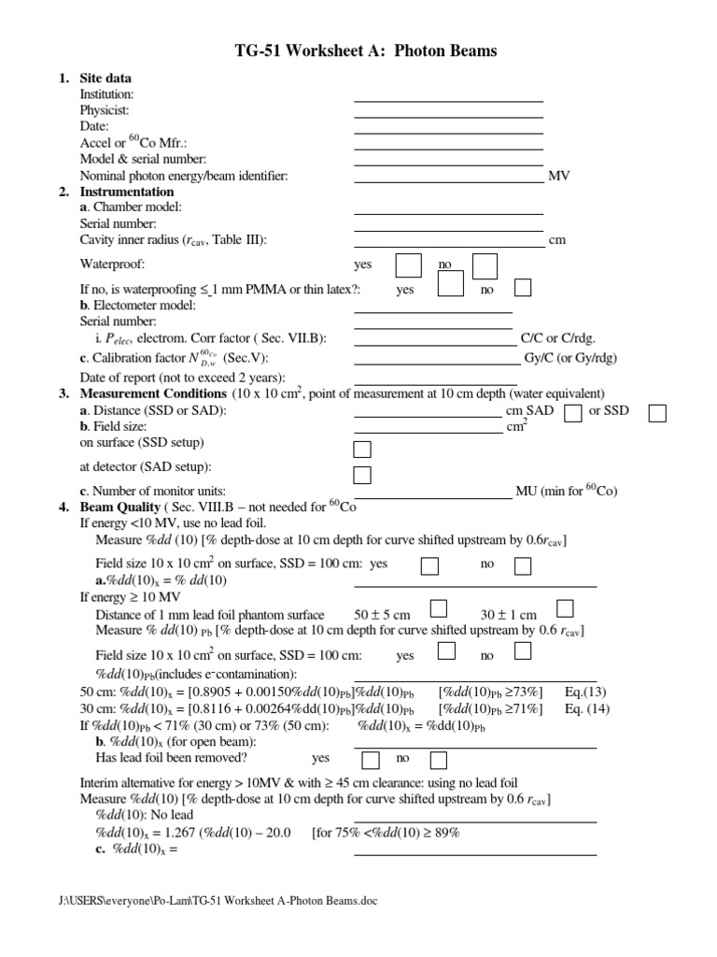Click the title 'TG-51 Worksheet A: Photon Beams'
pyautogui.click(x=358, y=50)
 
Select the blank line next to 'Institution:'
pyautogui.click(x=448, y=94)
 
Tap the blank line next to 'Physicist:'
pyautogui.click(x=448, y=110)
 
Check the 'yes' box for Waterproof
pyautogui.click(x=408, y=265)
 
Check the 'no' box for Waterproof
pyautogui.click(x=485, y=265)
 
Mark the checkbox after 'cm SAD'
pyautogui.click(x=575, y=412)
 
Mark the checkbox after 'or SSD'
pyautogui.click(x=657, y=412)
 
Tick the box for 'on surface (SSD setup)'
pyautogui.click(x=362, y=450)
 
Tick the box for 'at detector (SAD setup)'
pyautogui.click(x=362, y=475)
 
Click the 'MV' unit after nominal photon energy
pyautogui.click(x=558, y=176)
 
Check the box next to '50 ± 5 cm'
pyautogui.click(x=438, y=609)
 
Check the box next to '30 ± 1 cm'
pyautogui.click(x=564, y=609)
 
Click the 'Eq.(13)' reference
pyautogui.click(x=586, y=692)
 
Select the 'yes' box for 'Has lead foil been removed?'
pyautogui.click(x=371, y=760)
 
